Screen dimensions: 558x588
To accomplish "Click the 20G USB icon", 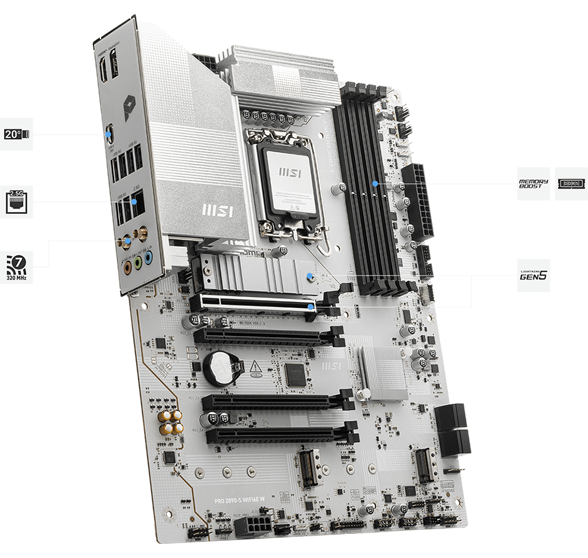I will pos(16,135).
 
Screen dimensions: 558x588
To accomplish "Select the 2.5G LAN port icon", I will pos(16,202).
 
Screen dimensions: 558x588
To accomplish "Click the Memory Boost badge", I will pos(533,183).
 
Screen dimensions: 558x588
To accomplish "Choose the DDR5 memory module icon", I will pos(571,183).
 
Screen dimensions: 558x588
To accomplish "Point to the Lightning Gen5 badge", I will pos(533,274).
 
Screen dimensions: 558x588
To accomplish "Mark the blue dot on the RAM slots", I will pos(375,183).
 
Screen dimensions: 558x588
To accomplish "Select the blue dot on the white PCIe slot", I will pos(309,305).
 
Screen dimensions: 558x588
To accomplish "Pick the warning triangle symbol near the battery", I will pos(255,368).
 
